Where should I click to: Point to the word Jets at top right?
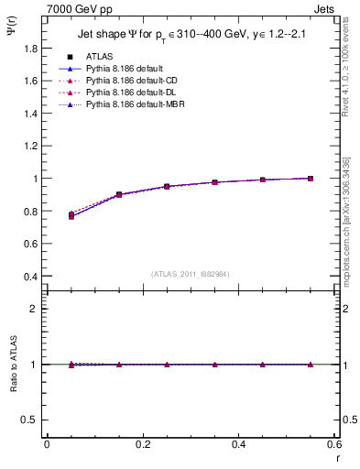click(323, 7)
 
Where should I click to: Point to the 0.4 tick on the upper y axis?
click(31, 277)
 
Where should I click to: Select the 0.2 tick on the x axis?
click(143, 444)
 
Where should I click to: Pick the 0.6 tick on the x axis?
click(333, 444)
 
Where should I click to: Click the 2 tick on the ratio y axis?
click(36, 309)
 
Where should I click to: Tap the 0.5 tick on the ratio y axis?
click(31, 420)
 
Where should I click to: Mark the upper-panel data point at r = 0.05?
click(71, 215)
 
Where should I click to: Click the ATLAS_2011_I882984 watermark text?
click(190, 273)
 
